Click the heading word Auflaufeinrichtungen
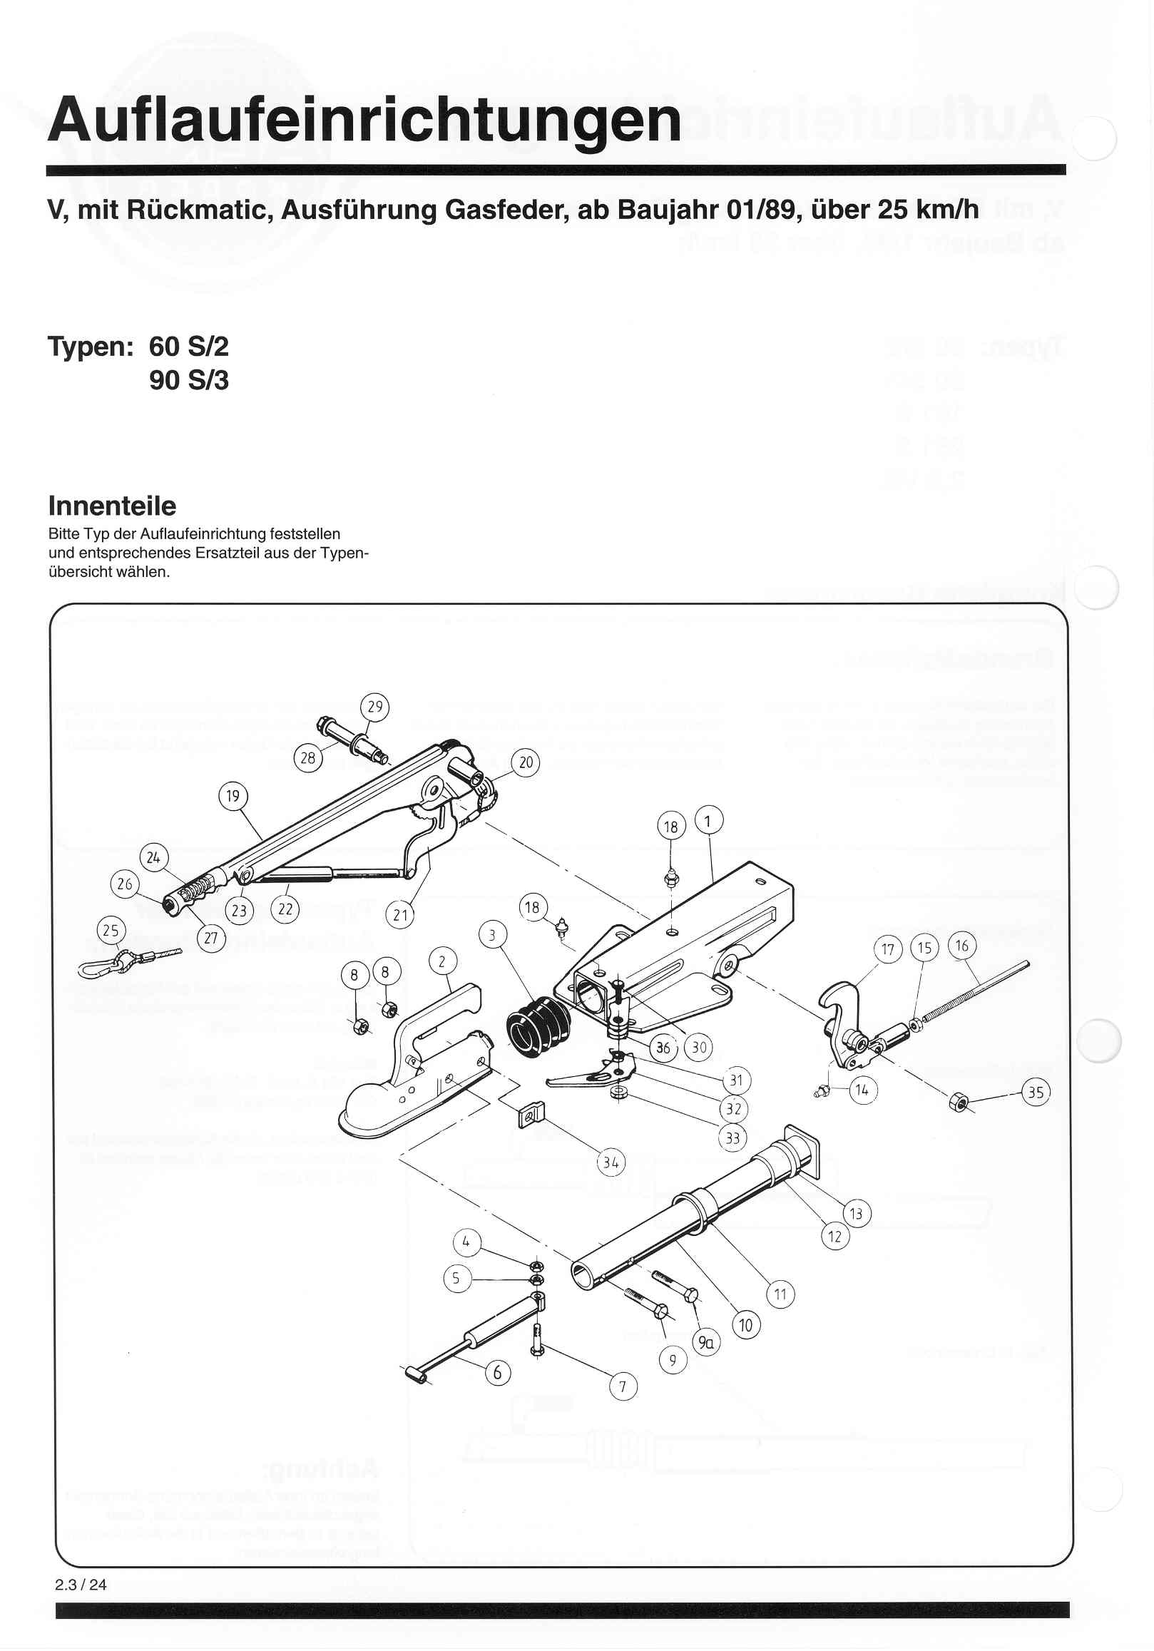point(364,120)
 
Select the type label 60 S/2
point(188,347)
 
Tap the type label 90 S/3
point(188,380)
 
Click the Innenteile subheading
point(112,506)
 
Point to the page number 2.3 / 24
point(81,1585)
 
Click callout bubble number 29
point(375,707)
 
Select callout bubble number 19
point(233,796)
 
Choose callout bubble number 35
point(1036,1093)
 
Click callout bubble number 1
point(708,820)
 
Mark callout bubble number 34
point(611,1162)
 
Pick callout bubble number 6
point(497,1372)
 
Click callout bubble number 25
point(111,931)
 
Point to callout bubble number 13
point(857,1214)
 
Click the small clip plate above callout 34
point(531,1115)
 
